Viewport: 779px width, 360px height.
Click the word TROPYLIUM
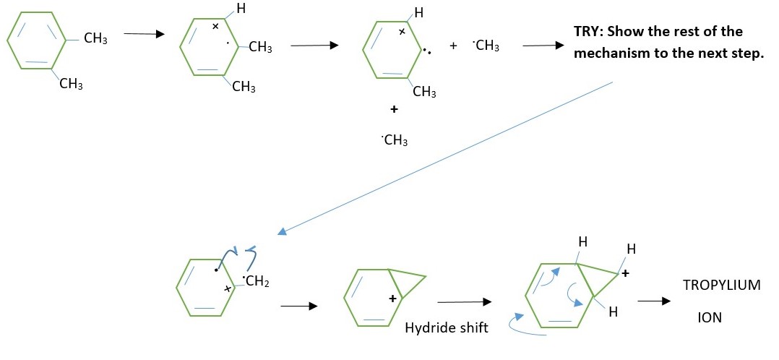(721, 285)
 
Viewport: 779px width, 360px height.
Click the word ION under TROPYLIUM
(710, 317)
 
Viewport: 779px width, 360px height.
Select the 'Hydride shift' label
(447, 327)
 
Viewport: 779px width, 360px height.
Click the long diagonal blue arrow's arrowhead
(283, 232)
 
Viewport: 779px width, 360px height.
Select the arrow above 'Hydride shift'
(464, 301)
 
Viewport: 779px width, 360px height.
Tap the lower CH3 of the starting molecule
(71, 85)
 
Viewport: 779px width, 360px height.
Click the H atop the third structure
(419, 12)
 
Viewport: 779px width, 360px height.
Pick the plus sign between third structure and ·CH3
(453, 46)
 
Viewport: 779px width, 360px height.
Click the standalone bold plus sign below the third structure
(394, 110)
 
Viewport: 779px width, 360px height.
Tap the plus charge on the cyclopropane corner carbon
(626, 275)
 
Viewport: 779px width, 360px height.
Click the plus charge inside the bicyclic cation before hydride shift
(393, 298)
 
